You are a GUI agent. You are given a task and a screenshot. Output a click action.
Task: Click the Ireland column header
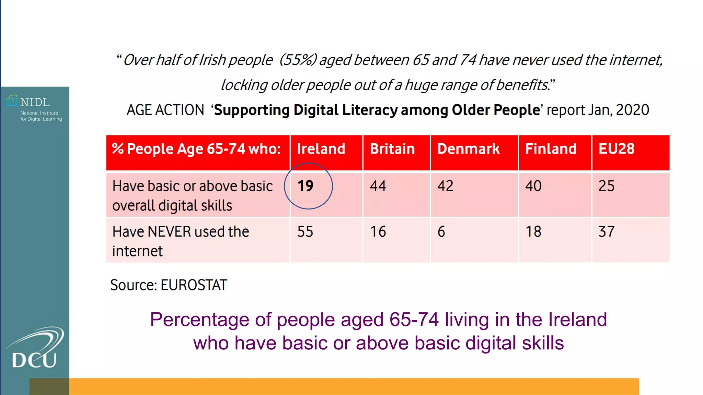tap(321, 149)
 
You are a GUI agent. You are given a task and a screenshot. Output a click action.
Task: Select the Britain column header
tap(392, 149)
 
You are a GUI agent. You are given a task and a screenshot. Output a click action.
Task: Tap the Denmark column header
tap(468, 149)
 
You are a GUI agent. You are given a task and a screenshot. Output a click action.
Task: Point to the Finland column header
tap(551, 149)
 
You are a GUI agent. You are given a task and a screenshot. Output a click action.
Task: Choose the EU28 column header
tap(616, 149)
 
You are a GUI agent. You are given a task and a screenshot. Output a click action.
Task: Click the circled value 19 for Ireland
tap(306, 186)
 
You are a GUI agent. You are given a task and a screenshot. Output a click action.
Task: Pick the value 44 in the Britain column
tap(378, 186)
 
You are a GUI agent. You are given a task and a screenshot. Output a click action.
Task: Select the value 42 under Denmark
tap(445, 186)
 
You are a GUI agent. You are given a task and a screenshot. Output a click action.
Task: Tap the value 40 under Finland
tap(533, 186)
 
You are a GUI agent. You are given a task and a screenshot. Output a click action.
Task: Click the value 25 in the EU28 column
tap(607, 186)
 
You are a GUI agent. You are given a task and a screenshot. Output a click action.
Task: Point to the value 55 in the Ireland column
tap(305, 232)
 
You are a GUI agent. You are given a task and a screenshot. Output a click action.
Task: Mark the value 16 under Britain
tap(378, 232)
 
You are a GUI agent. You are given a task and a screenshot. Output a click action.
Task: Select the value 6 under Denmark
tap(441, 232)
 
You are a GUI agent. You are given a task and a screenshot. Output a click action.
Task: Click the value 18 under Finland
tap(533, 232)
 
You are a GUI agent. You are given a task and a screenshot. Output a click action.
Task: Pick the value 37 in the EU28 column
tap(607, 232)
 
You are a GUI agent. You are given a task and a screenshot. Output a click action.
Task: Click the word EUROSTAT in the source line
tap(194, 285)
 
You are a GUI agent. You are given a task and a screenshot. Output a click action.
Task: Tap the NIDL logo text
tap(35, 102)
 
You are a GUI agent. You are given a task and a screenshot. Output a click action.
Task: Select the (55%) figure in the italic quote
tap(298, 60)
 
